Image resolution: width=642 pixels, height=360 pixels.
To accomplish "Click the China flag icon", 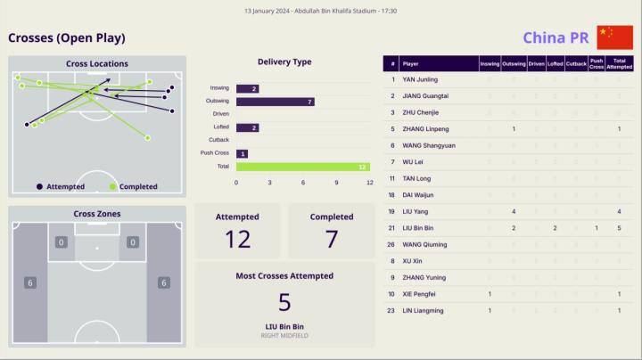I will (614, 37).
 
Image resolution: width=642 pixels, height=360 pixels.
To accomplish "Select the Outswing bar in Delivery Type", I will (275, 102).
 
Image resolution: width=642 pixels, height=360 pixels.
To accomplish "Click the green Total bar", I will (302, 167).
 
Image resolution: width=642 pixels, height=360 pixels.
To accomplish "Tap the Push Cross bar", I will (242, 153).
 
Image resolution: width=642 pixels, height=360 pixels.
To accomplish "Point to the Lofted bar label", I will (220, 127).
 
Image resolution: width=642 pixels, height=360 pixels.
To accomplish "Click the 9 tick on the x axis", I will (336, 182).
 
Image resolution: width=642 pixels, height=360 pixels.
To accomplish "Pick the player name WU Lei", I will (413, 162).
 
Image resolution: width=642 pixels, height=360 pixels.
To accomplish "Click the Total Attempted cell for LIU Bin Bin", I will (619, 228).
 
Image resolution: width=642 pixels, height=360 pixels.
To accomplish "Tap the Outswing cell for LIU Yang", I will (514, 211).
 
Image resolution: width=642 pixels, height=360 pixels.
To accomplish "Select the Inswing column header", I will (490, 64).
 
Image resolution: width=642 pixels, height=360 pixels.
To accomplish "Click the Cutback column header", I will (576, 64).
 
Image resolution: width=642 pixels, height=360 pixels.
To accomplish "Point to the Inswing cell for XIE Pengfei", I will (490, 294).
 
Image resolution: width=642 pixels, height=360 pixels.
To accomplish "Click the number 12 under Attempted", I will (237, 239).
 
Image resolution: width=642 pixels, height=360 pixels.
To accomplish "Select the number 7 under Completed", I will (332, 239).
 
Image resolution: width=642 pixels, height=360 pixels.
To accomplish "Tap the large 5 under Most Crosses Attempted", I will (284, 301).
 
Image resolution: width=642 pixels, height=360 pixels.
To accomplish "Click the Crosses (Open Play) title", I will (67, 37).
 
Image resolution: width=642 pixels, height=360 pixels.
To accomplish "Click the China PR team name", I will (555, 37).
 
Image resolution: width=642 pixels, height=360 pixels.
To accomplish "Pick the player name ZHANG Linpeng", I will (426, 129).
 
